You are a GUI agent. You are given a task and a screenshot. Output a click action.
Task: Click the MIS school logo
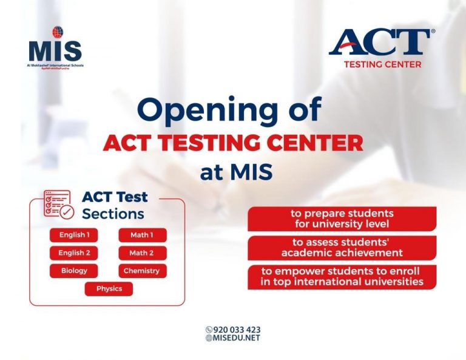[x=55, y=47]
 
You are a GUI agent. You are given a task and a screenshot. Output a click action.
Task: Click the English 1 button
[x=74, y=235]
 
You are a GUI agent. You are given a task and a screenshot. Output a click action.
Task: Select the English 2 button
[x=74, y=253]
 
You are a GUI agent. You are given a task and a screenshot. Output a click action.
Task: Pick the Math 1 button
[x=141, y=235]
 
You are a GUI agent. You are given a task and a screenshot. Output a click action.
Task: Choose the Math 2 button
[x=141, y=253]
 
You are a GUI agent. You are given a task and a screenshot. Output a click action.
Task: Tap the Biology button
[x=74, y=271]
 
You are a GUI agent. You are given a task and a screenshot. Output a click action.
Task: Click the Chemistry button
[x=141, y=271]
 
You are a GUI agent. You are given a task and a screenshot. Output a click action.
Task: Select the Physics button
[x=109, y=289]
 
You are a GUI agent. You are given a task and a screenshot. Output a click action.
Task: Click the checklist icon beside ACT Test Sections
[x=58, y=205]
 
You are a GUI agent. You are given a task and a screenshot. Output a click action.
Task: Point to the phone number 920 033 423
[x=237, y=330]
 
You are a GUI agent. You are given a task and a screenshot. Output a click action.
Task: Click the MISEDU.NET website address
[x=237, y=338]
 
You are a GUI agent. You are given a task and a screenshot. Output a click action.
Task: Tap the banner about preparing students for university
[x=342, y=219]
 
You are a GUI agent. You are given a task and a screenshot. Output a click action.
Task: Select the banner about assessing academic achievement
[x=342, y=248]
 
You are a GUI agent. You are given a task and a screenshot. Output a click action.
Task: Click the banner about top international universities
[x=342, y=276]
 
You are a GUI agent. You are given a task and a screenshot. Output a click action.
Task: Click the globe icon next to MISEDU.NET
[x=209, y=338]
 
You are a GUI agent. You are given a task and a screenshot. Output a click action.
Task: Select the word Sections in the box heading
[x=113, y=214]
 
